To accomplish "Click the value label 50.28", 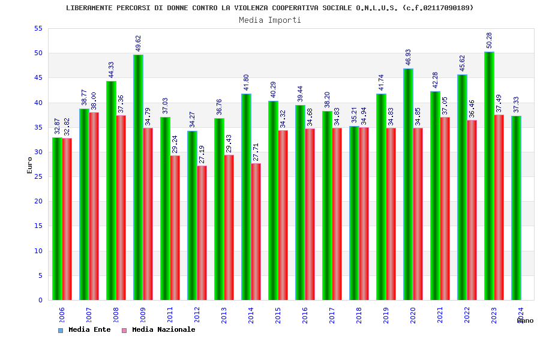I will click(490, 40).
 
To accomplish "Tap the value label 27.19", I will click(202, 154).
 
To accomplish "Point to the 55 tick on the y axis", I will click(38, 28).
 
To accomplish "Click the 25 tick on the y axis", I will click(38, 176).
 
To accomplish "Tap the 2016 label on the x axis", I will click(305, 315).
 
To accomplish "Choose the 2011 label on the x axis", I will click(170, 315).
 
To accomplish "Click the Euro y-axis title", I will click(30, 165).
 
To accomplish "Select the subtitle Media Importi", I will click(270, 20).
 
